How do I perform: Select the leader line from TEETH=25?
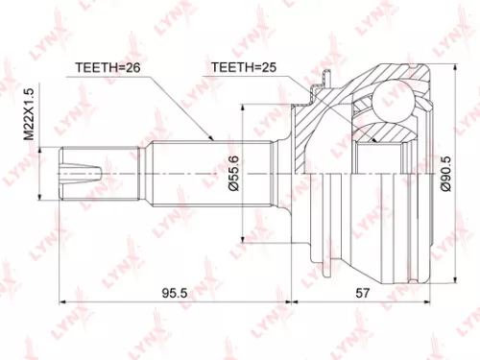click(288, 82)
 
